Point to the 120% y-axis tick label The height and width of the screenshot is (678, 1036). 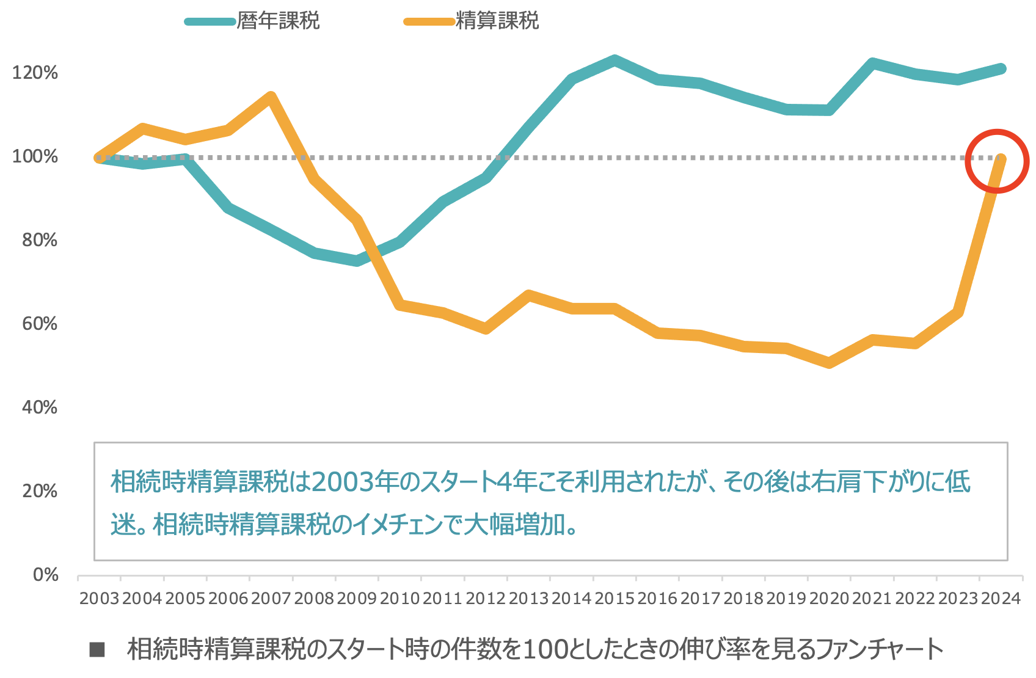click(35, 73)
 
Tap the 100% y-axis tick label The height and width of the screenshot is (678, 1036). click(35, 156)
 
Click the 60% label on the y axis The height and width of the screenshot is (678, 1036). click(40, 324)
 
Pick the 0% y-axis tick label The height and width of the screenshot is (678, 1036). click(46, 575)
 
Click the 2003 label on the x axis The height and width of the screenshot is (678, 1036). click(99, 599)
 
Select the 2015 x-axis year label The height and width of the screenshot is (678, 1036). click(615, 599)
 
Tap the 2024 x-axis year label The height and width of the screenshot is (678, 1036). click(1001, 599)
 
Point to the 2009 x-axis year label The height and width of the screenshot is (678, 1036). click(357, 599)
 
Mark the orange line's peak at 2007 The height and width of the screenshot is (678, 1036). click(271, 97)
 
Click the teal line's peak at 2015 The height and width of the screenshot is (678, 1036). click(615, 60)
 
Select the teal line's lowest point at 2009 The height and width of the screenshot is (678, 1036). click(357, 261)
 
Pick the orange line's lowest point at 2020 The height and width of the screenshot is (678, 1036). click(829, 363)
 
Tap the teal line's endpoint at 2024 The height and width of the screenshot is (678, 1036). click(1001, 68)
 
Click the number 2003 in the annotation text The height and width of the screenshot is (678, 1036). click(343, 482)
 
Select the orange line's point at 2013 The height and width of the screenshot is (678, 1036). click(529, 296)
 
